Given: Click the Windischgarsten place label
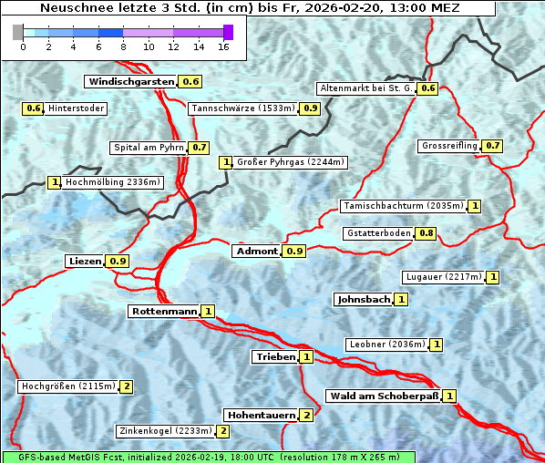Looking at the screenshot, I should pos(131,82).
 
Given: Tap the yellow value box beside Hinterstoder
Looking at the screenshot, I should pos(33,109).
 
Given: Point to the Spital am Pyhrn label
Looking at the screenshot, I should pos(148,148).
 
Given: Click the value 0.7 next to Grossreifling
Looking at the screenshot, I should pos(492,146).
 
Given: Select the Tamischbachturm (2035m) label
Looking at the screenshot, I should pos(402,206).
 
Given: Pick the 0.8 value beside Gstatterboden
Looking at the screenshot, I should pos(426,233).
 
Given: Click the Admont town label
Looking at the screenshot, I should pos(256,252).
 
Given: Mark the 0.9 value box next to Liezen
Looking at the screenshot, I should pos(118,262).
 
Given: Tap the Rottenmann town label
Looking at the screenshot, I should pos(164,312).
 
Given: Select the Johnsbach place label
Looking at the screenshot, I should pos(364,299).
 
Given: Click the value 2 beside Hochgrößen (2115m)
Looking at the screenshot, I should pos(126,386).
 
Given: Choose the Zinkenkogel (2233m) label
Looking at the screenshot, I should pos(165,431).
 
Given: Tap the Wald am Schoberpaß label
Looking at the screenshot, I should pos(383,396).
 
